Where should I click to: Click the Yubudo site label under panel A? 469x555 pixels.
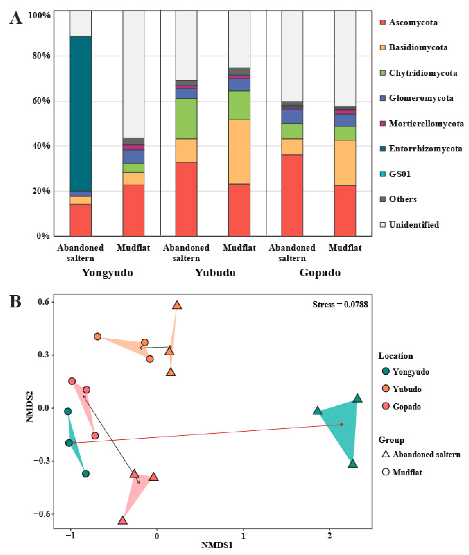pos(215,273)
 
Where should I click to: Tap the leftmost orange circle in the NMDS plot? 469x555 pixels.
pos(98,336)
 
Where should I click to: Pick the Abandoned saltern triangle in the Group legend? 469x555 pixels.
pos(386,454)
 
